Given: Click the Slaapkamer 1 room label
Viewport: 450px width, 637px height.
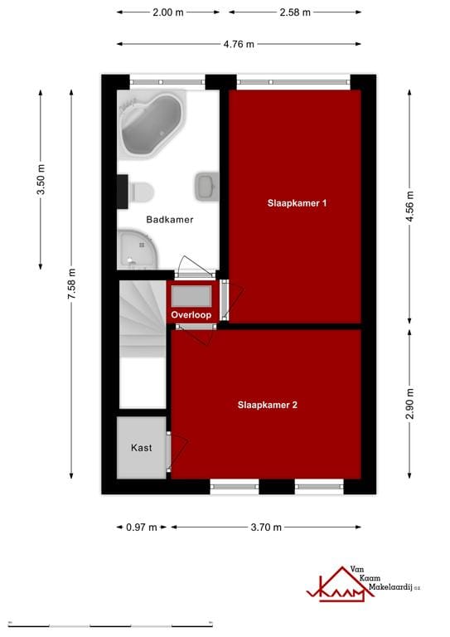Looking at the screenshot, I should [296, 202].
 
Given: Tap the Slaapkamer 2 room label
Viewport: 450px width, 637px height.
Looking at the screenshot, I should [267, 406].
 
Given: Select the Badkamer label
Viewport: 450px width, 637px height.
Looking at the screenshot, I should [169, 220].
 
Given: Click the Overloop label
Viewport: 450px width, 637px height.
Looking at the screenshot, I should [191, 315].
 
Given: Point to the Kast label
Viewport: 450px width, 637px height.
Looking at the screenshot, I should [141, 448].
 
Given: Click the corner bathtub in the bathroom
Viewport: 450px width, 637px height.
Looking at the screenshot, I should [152, 124].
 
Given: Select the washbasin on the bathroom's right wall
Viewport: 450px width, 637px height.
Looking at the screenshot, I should [206, 186].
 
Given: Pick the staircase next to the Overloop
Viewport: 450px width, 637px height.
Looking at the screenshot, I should [142, 319].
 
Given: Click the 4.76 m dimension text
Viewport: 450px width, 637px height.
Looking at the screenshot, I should [238, 44].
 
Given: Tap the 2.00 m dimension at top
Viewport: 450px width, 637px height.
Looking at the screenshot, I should [168, 12].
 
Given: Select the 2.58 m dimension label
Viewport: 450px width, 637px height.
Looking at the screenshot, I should [294, 12].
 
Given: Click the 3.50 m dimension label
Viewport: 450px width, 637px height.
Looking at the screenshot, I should [41, 180].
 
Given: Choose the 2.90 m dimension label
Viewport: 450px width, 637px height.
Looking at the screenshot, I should [409, 403].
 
